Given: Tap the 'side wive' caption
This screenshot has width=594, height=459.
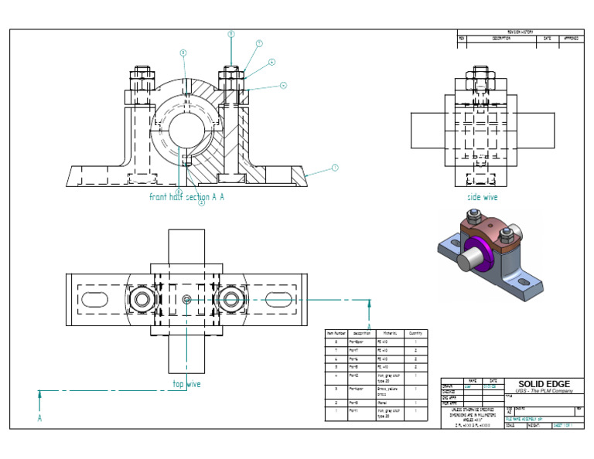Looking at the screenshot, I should coord(482,197).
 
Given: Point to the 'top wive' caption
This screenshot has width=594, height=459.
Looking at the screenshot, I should coord(186,383).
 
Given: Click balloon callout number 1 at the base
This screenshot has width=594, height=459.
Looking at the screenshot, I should coord(335,167).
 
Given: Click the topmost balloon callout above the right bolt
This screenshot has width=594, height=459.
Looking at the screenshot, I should coord(230,34).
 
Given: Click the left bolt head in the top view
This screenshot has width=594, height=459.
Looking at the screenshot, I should coord(142,298).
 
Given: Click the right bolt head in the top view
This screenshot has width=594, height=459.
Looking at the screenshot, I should coord(230,298).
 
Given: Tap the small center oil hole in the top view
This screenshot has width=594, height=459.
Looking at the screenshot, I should coord(186,298).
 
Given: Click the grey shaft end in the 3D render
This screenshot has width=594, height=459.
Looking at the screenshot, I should coord(466,260).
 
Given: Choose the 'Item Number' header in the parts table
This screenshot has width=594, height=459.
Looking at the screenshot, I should coord(336,332).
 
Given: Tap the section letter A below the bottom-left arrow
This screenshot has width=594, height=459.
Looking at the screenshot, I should coord(39,418).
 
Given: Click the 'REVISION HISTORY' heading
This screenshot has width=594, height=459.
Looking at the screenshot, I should coord(521,32).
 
